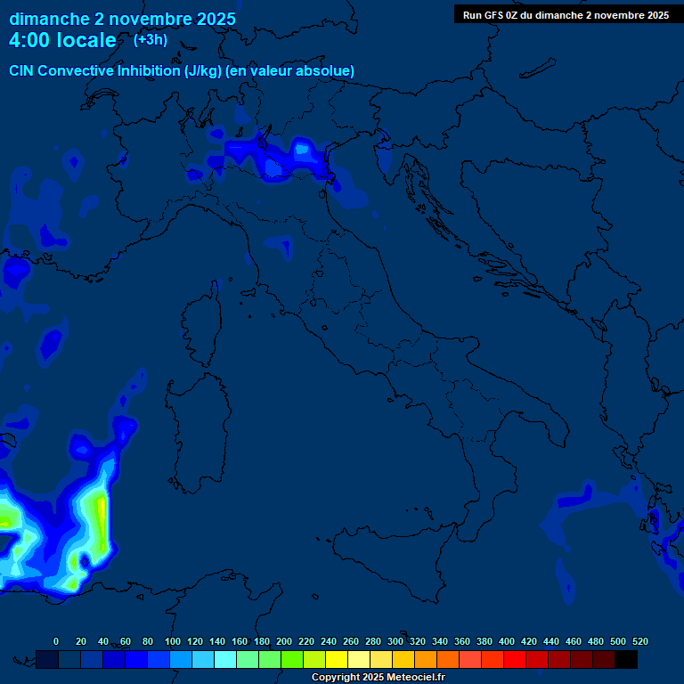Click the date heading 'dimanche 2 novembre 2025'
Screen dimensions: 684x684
tap(122, 19)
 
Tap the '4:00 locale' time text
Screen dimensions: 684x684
tap(62, 40)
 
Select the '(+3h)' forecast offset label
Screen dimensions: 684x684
tap(151, 39)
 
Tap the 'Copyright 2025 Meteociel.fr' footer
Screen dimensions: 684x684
tap(378, 677)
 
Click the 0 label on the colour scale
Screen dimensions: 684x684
tap(56, 641)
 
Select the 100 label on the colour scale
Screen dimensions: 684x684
tap(173, 641)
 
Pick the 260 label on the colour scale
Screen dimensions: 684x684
tap(351, 641)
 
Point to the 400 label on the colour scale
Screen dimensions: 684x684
tap(507, 641)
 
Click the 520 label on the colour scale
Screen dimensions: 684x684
tap(639, 641)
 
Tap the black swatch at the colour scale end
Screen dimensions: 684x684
tap(626, 659)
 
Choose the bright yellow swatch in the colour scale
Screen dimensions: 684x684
tap(337, 659)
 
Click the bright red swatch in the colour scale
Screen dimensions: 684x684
tap(515, 659)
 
